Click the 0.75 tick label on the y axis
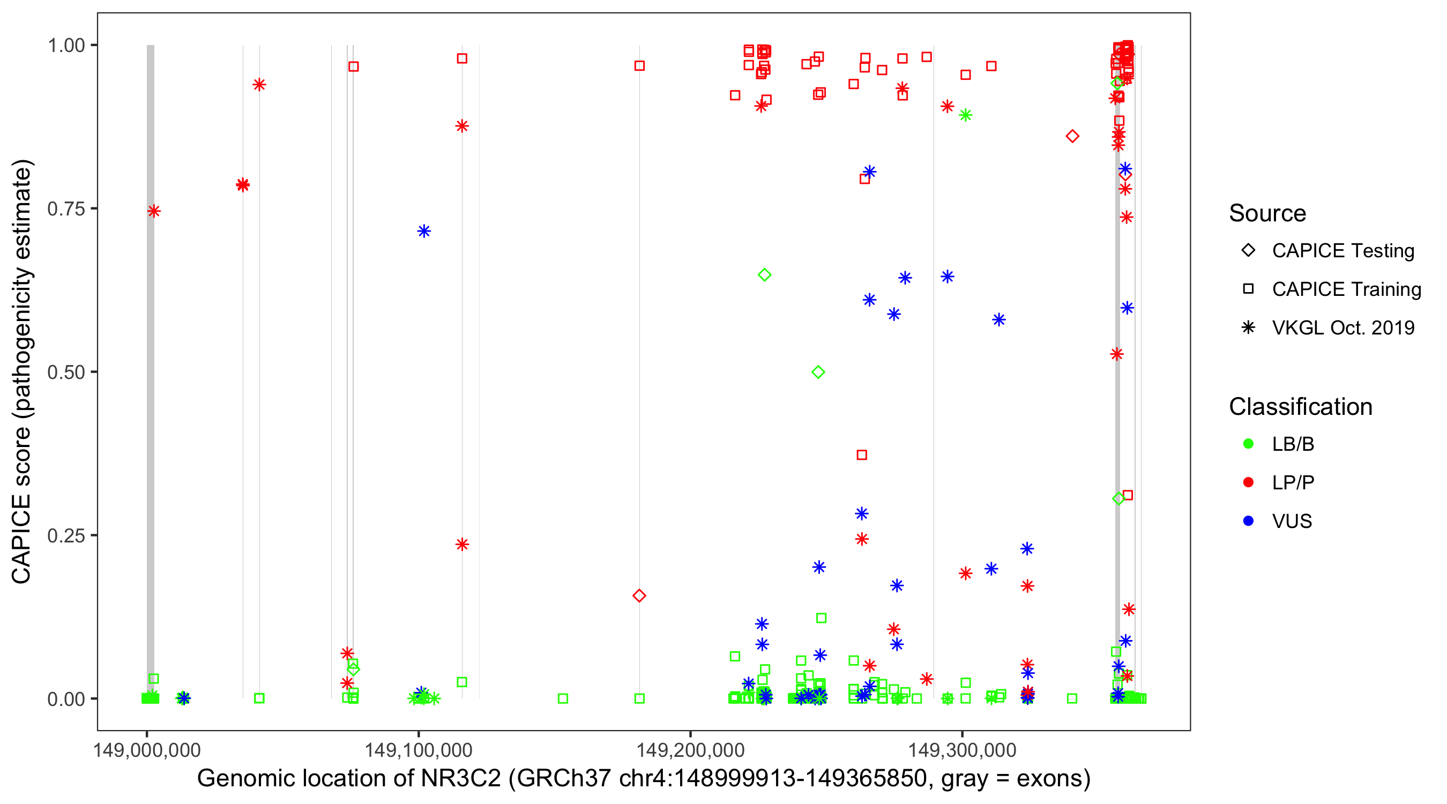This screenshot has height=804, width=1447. pos(65,209)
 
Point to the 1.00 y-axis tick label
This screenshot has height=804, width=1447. pos(65,45)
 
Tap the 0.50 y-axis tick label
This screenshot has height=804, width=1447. pos(65,372)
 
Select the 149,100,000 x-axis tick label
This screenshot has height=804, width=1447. pos(419,749)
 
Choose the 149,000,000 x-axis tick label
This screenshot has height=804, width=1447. pos(147,749)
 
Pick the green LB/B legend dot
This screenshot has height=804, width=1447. pos(1248,444)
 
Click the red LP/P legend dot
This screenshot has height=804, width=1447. pos(1248,482)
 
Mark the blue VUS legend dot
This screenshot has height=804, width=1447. pos(1248,521)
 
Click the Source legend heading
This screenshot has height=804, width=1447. pos(1267,213)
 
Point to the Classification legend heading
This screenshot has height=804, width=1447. pos(1300,407)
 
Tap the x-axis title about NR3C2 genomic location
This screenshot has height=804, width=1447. pos(644,778)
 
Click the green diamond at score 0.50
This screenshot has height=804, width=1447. pos(818,372)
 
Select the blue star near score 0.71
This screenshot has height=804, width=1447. pos(424,231)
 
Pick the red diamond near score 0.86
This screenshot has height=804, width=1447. pos(1072,136)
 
